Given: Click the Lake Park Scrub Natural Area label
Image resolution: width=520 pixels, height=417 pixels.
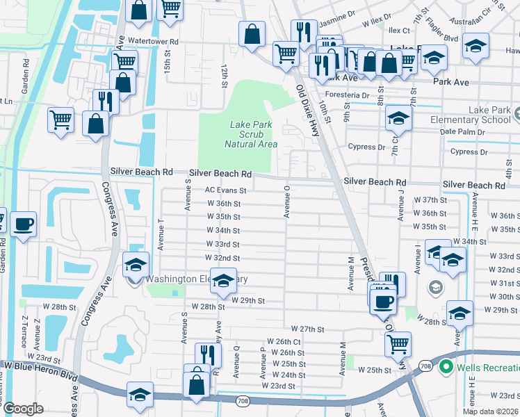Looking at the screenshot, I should (251, 134).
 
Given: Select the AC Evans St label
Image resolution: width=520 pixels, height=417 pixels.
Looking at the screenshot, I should (225, 190).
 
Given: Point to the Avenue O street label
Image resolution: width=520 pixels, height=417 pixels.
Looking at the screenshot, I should (286, 202).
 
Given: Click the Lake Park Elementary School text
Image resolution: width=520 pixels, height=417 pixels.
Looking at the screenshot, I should (480, 115).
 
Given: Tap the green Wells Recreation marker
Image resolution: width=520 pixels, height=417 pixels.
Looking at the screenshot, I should (446, 366).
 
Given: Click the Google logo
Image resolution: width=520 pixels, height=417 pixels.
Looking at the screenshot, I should (22, 409).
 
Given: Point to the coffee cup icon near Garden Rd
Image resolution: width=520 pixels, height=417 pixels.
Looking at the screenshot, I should (23, 224).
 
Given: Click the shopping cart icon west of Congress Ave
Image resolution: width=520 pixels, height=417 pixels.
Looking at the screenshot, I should (60, 119).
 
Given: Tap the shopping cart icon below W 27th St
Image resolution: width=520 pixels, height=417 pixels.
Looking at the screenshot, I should (398, 342).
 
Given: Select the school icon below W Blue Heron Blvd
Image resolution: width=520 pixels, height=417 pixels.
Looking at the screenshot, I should (140, 395).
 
